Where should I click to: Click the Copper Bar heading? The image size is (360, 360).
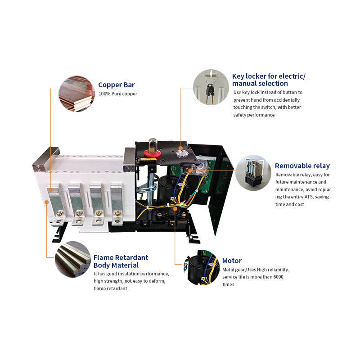pos(117,85)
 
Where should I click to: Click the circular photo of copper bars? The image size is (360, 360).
pos(76,94)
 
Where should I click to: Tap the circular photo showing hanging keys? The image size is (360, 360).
pos(211,87)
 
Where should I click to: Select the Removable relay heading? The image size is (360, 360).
pos(302,166)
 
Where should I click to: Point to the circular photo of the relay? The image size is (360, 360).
pos(253,173)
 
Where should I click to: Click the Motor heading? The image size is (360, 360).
pos(232,261)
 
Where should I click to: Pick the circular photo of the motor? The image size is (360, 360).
pos(202,268)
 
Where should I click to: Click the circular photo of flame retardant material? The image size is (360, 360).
pos(73,259)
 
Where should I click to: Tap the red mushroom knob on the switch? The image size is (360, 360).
pos(152,153)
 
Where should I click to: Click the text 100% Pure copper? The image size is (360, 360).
pos(118,94)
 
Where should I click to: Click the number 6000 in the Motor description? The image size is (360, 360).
pos(278,277)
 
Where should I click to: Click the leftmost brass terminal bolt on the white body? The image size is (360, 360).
pos(59,214)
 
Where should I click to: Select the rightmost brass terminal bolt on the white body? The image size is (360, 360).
pos(117,213)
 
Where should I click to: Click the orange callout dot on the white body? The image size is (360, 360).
pos(47,202)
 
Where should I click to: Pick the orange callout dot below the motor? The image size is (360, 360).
pos(175,209)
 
